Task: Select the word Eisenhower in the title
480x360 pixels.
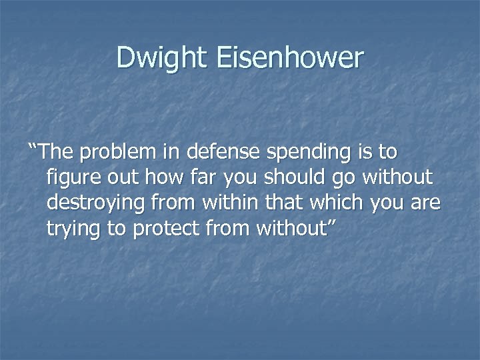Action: pos(290,58)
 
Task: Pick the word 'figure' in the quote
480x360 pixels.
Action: pos(70,179)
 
